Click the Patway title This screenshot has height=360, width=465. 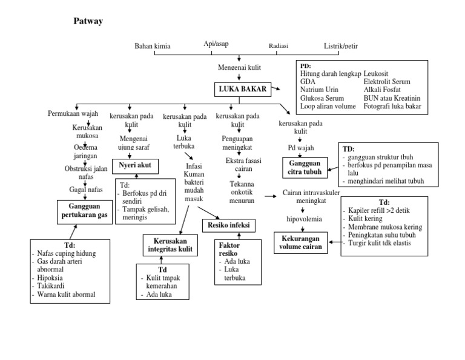[88, 21]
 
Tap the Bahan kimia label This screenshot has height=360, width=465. [152, 46]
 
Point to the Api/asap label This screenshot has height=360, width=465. [216, 44]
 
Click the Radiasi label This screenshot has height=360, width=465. [279, 46]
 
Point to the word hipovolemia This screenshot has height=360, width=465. [305, 219]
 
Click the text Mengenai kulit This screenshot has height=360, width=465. [239, 68]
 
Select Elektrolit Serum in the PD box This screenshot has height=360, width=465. [387, 81]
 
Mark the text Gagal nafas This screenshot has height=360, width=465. [86, 190]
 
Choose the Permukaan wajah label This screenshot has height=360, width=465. [72, 113]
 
